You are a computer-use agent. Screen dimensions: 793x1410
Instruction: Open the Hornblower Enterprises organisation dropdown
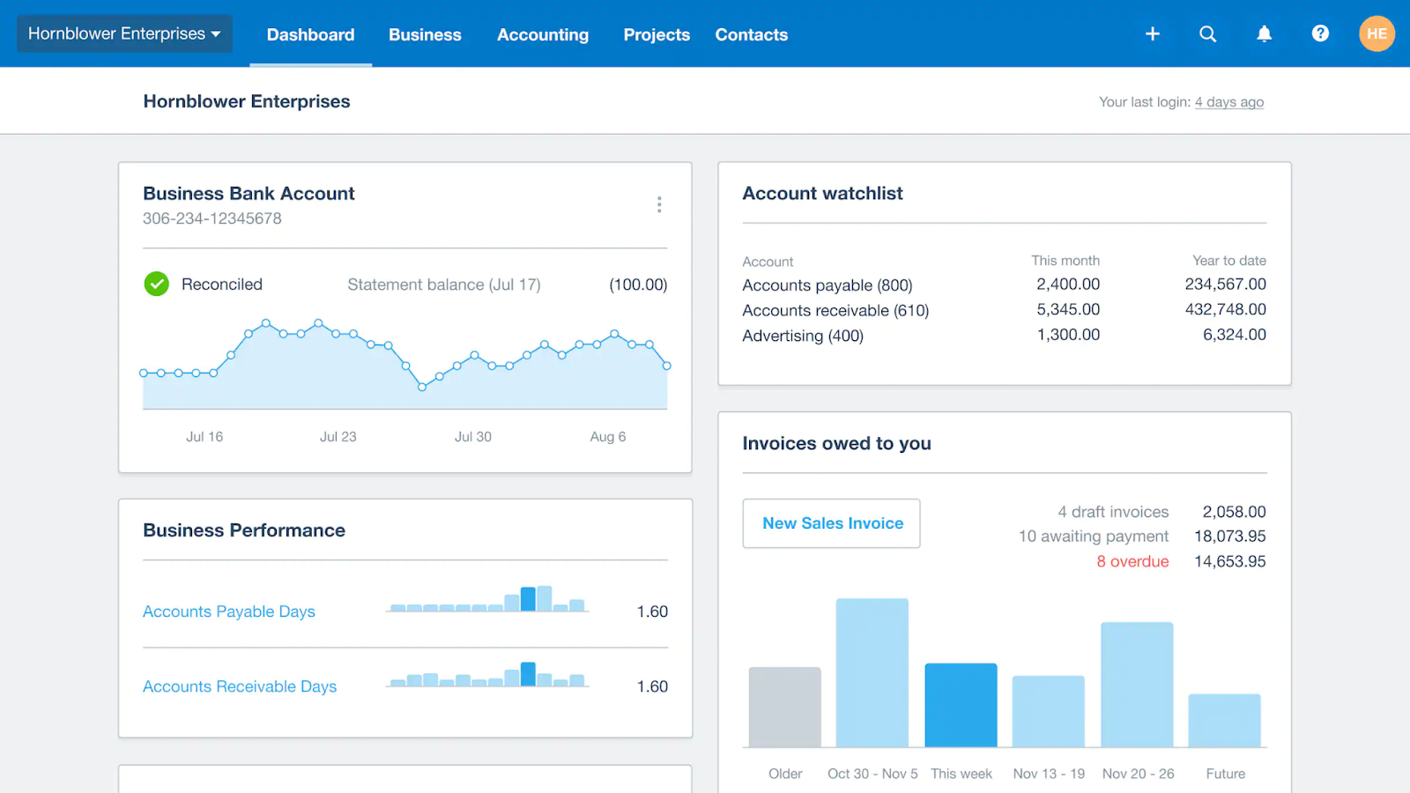(124, 33)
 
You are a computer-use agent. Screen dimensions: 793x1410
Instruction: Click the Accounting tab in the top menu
(542, 34)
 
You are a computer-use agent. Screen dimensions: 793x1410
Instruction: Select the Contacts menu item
(751, 34)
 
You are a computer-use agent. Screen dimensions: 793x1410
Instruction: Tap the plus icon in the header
(1152, 33)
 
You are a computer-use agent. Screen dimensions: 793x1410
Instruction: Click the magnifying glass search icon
(1207, 33)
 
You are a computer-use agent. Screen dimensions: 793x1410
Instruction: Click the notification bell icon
(1264, 33)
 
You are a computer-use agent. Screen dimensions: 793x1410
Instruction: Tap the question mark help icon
(1319, 33)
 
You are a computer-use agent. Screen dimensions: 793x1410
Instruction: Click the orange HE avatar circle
(1376, 33)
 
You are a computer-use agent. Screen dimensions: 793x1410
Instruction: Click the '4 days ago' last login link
(1228, 102)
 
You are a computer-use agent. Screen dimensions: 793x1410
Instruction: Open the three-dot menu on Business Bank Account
(659, 204)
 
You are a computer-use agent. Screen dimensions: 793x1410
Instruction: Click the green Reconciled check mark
(157, 284)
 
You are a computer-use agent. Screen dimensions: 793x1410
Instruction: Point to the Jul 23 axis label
(338, 436)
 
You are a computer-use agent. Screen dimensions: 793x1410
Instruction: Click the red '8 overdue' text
(1132, 561)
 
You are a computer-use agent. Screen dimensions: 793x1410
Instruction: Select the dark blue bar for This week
(961, 705)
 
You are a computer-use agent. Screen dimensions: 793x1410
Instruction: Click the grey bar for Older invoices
(784, 707)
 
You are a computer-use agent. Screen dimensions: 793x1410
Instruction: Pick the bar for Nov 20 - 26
(1137, 685)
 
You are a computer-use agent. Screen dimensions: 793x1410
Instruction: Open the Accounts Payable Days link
(229, 611)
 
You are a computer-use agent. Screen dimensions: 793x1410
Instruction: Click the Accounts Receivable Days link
(240, 686)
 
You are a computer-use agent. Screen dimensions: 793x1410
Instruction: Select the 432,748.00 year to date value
(1225, 309)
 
